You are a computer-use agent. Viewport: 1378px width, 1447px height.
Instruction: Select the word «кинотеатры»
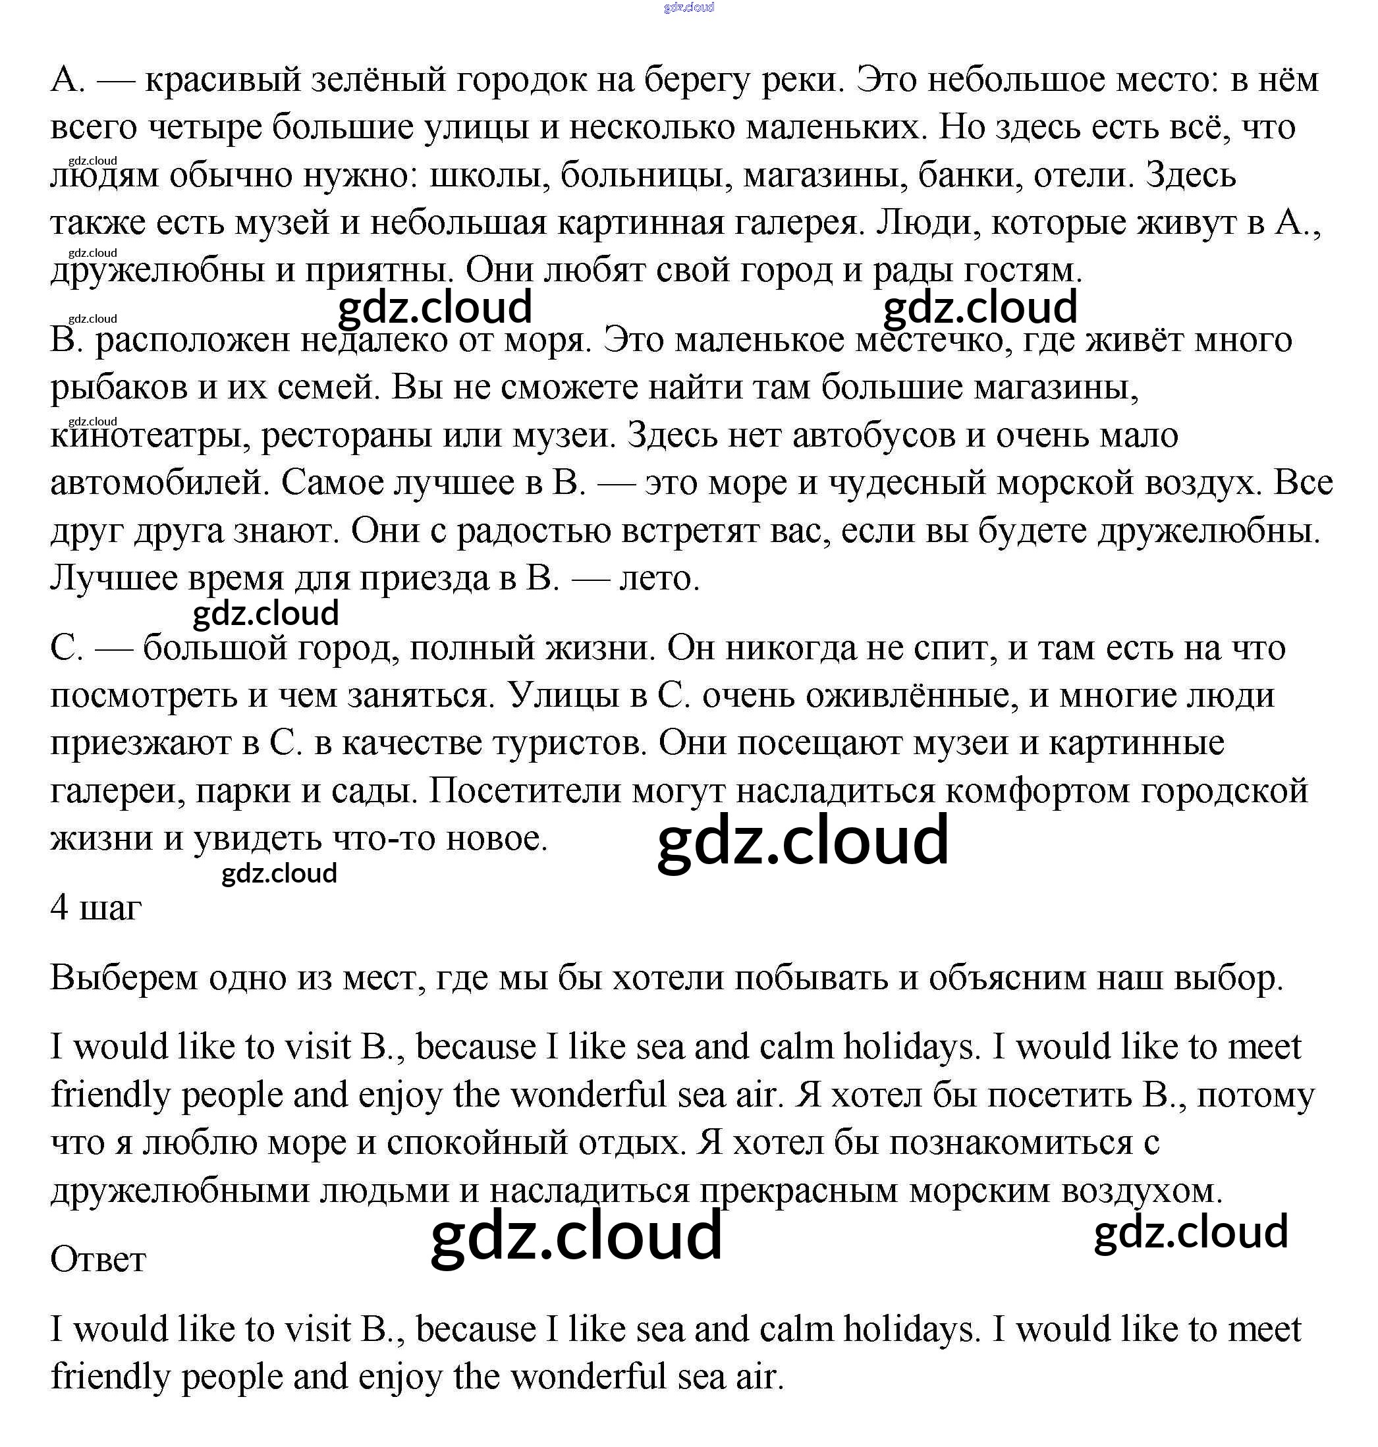click(146, 435)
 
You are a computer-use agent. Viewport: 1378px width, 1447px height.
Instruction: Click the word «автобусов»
click(874, 435)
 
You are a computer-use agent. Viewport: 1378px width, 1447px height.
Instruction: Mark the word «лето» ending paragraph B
click(659, 579)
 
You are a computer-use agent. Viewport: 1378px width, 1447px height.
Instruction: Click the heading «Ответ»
click(97, 1260)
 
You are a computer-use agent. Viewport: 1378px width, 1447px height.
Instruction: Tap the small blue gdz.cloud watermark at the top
click(688, 7)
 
